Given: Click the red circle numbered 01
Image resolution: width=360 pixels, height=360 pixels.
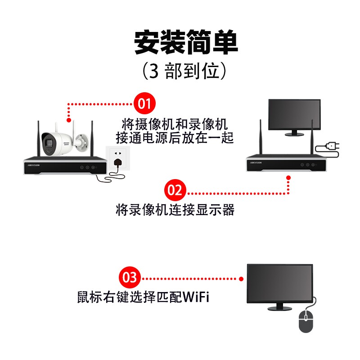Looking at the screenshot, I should click(144, 104).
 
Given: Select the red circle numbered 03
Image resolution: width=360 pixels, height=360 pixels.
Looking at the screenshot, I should click(130, 277).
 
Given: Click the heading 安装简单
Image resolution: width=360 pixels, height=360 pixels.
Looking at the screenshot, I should click(186, 42).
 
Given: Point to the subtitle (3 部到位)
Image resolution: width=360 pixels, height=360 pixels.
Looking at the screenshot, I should click(186, 71).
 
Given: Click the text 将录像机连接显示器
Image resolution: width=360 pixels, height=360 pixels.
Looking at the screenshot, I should click(175, 210).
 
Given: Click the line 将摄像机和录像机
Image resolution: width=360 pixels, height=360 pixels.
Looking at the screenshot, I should click(175, 123).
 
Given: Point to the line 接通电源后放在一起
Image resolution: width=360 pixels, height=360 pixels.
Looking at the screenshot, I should click(175, 137).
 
